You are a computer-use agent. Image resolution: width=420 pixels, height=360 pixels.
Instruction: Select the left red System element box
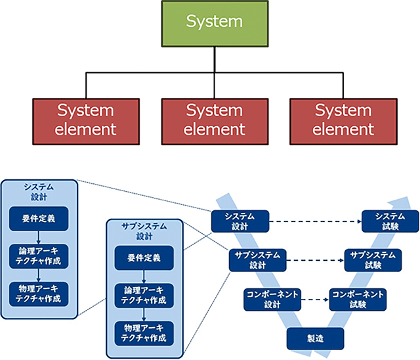pos(85,120)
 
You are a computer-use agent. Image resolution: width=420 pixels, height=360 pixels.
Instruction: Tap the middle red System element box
pos(214,120)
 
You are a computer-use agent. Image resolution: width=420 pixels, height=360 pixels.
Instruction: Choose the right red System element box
pos(343,120)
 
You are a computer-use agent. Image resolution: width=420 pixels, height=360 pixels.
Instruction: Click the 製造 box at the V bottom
pos(315,338)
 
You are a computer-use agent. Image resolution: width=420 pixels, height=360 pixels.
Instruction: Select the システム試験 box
pos(390,221)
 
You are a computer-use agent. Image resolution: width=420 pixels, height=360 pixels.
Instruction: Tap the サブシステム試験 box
pos(373,260)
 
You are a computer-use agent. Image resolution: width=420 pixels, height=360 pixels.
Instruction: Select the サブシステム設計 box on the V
pos(258,260)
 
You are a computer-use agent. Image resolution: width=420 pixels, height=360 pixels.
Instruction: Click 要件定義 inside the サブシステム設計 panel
pos(142,258)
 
